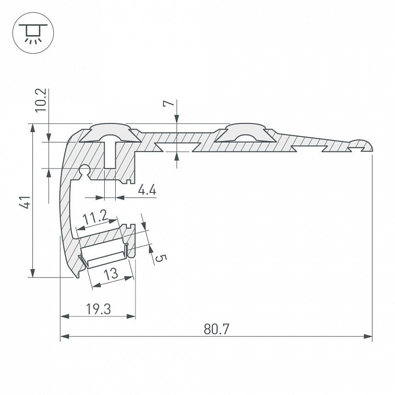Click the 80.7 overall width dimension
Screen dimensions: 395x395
216,329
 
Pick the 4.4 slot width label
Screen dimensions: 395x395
146,190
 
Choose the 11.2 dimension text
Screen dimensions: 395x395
94,218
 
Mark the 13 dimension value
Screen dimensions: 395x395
111,273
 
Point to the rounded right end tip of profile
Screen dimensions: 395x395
368,145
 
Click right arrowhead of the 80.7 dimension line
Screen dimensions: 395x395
369,336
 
